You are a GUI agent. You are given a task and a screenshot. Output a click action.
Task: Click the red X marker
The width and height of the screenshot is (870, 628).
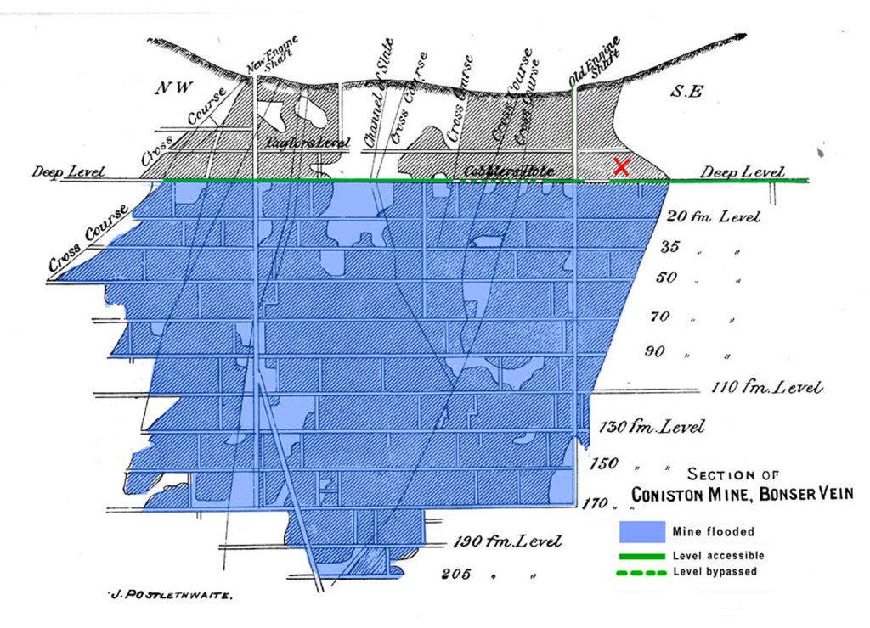[x=621, y=166]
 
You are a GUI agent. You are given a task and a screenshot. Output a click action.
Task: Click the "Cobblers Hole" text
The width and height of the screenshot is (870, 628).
[x=508, y=171]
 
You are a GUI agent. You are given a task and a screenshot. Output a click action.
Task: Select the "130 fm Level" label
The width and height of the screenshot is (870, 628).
[x=652, y=426]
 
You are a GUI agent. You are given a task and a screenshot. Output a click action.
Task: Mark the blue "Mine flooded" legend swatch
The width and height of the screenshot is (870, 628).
[x=641, y=532]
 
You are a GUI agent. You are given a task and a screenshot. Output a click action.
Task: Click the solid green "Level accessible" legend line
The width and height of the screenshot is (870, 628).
[x=641, y=556]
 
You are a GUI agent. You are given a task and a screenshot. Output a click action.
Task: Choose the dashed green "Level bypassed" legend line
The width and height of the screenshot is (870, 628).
[x=641, y=572]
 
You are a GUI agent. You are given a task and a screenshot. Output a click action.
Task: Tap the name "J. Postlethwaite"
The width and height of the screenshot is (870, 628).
[x=170, y=596]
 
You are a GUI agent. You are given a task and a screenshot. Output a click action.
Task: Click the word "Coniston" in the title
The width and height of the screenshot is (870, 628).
[x=675, y=495]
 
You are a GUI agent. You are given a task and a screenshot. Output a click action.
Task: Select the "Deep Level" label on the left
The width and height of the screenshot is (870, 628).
[x=69, y=172]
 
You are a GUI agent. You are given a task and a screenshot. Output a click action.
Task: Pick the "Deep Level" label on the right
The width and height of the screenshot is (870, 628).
[x=742, y=172]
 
